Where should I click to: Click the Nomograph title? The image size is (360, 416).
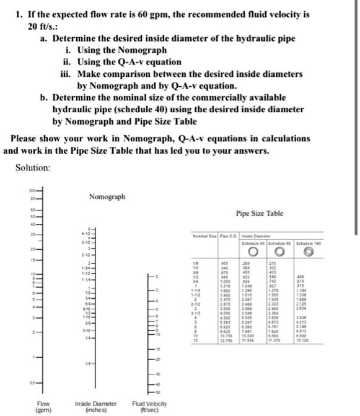click(x=107, y=197)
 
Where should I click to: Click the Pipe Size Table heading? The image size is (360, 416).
click(x=260, y=213)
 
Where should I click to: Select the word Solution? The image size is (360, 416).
click(x=33, y=167)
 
